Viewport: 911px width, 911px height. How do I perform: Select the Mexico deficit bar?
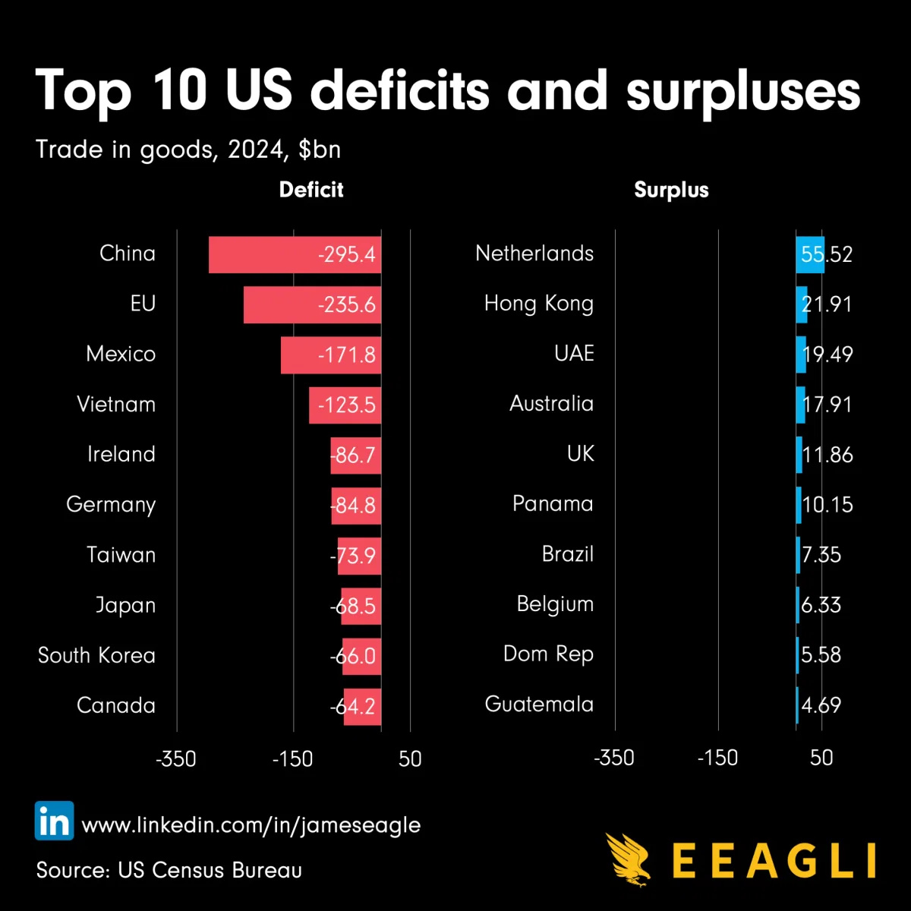coord(304,355)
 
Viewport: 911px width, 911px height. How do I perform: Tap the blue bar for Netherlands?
coord(810,255)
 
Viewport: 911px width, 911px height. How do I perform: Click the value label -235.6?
coord(347,305)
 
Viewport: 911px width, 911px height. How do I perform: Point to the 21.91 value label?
coord(827,304)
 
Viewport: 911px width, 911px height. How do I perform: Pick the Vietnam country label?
coord(116,404)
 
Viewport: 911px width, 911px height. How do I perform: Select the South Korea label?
coord(96,655)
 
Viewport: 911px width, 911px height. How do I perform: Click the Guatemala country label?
coord(539,705)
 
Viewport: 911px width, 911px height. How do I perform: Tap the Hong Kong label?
coord(539,304)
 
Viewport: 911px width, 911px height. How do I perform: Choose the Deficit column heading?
coord(311,190)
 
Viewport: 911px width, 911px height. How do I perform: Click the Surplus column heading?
coord(671,190)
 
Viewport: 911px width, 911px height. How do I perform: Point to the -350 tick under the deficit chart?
coord(176,758)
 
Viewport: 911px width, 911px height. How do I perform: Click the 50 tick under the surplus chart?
coord(821,758)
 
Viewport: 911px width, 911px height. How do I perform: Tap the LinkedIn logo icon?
coord(54,821)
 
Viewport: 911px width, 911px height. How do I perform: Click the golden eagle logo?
coord(629,859)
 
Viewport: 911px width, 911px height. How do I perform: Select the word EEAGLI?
coord(774,861)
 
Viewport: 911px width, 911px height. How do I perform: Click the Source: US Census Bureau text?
coord(169,870)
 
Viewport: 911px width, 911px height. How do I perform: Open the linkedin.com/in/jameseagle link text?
coord(251,825)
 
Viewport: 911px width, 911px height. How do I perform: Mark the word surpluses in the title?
coord(743,92)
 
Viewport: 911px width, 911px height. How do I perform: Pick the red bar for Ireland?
coord(355,455)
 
